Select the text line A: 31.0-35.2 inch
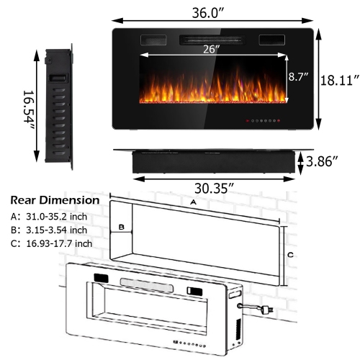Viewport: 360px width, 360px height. point(48,215)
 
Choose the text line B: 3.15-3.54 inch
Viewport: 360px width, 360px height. point(48,230)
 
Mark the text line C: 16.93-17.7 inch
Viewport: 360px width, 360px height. point(51,243)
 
